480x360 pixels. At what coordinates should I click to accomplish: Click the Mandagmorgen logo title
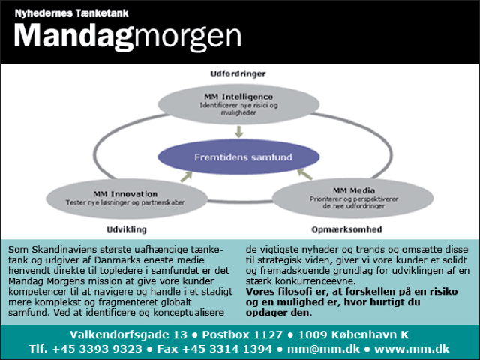click(x=128, y=37)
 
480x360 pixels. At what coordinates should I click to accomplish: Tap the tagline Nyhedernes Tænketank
click(x=72, y=13)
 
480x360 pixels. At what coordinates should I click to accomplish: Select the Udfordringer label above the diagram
click(x=238, y=73)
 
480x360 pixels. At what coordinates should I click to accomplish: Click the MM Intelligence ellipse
click(x=238, y=104)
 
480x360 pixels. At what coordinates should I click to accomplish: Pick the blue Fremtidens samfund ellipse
click(x=238, y=157)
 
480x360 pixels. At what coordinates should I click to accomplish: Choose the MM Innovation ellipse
click(x=127, y=198)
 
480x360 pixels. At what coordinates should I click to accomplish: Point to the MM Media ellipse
click(x=353, y=198)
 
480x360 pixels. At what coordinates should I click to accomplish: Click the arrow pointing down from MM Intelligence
click(x=238, y=132)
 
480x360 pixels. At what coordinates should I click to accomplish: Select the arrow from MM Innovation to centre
click(x=186, y=177)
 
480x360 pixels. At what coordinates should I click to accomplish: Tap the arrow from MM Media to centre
click(x=305, y=174)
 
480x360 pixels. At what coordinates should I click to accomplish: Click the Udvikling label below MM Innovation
click(x=127, y=229)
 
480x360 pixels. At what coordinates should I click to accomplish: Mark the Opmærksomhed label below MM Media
click(x=346, y=229)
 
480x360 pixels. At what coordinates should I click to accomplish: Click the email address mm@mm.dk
click(x=323, y=349)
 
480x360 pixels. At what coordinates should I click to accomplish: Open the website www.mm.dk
click(x=412, y=349)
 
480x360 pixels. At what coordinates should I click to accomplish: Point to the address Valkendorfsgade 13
click(x=128, y=334)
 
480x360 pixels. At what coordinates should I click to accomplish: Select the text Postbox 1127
click(x=242, y=334)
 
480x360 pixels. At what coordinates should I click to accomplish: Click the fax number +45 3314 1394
click(x=226, y=349)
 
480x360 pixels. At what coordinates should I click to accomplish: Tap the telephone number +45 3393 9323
click(x=97, y=349)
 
